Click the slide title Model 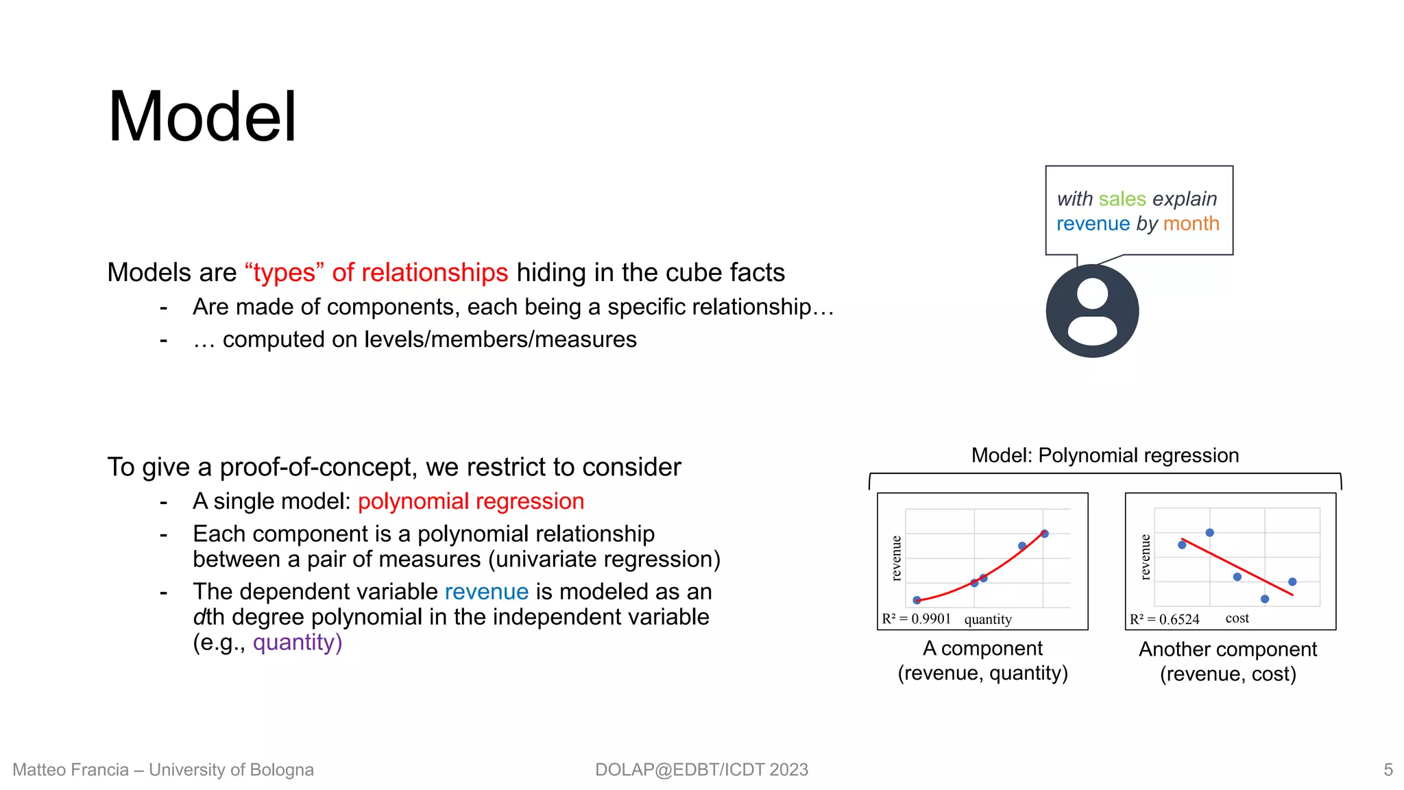pyautogui.click(x=202, y=117)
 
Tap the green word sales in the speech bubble pyautogui.click(x=1122, y=199)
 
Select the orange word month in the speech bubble pyautogui.click(x=1191, y=224)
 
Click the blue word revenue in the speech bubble pyautogui.click(x=1093, y=224)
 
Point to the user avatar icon pyautogui.click(x=1092, y=311)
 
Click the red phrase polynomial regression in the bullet pyautogui.click(x=471, y=501)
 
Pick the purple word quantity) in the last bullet pyautogui.click(x=298, y=643)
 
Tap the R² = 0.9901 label pyautogui.click(x=917, y=619)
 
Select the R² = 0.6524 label pyautogui.click(x=1165, y=619)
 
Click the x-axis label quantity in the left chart pyautogui.click(x=988, y=619)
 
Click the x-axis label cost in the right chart pyautogui.click(x=1237, y=618)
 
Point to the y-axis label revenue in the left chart pyautogui.click(x=896, y=558)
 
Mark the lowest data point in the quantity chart pyautogui.click(x=917, y=600)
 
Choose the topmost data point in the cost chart pyautogui.click(x=1210, y=533)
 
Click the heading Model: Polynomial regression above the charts pyautogui.click(x=1105, y=455)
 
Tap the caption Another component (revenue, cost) pyautogui.click(x=1228, y=662)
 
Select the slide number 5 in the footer pyautogui.click(x=1388, y=769)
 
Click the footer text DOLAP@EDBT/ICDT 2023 pyautogui.click(x=701, y=769)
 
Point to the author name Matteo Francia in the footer pyautogui.click(x=71, y=769)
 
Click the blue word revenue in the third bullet pyautogui.click(x=487, y=592)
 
